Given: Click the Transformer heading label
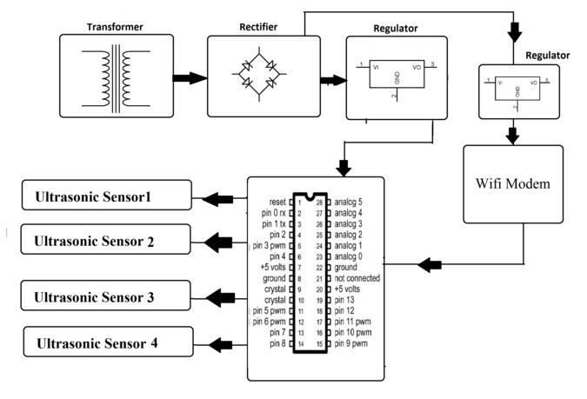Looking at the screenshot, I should [114, 26].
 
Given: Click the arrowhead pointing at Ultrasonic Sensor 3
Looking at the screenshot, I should [203, 297].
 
